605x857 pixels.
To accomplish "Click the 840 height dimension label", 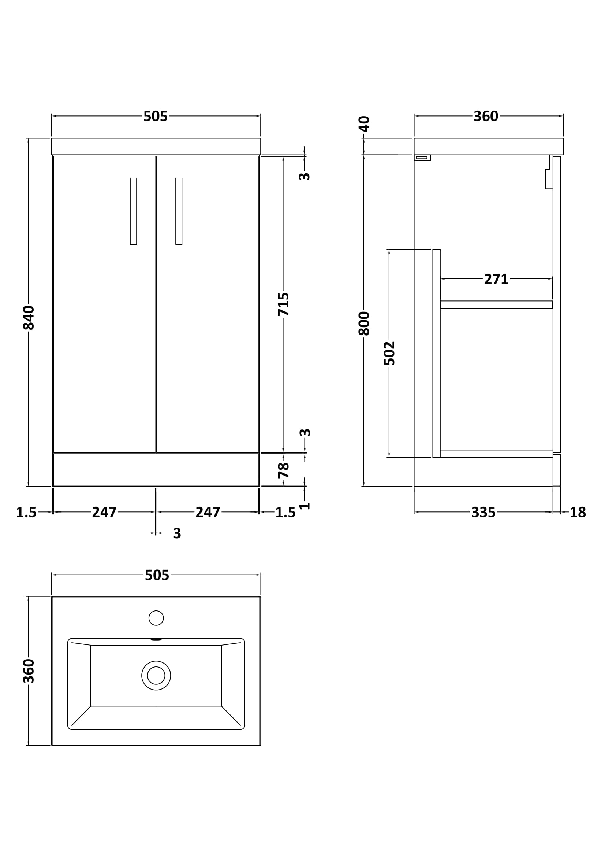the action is (x=29, y=318).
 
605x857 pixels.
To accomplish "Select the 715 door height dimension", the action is (x=283, y=304).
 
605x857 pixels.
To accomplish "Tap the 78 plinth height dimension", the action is (x=284, y=470).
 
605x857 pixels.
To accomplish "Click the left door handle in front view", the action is (x=134, y=211).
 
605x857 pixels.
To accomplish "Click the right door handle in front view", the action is (x=179, y=211).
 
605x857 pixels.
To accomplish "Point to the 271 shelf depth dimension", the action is (x=496, y=279).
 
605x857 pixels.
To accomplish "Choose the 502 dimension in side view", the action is (x=389, y=353).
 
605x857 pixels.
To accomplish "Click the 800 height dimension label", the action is (x=364, y=323).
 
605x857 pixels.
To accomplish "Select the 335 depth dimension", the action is (x=483, y=513).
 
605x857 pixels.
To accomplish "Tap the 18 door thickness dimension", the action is (x=578, y=513).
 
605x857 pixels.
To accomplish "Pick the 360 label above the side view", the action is (x=486, y=117).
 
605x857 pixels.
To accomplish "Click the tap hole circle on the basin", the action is (x=156, y=618).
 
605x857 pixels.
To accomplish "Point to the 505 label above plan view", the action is (x=157, y=575).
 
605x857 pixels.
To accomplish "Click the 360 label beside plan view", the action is (x=29, y=671).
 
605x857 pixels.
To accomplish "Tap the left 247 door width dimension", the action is (x=104, y=513).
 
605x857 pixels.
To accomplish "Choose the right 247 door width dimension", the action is (x=208, y=513).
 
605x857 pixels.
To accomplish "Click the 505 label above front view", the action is (x=156, y=117).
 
